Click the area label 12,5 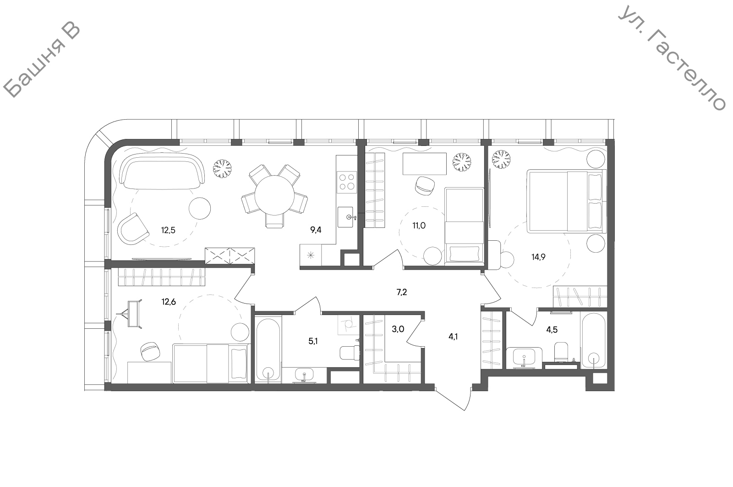pyautogui.click(x=168, y=230)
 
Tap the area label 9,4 pyautogui.click(x=316, y=230)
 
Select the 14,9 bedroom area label pyautogui.click(x=538, y=257)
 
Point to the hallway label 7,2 pyautogui.click(x=401, y=292)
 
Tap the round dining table pyautogui.click(x=274, y=195)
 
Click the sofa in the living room pyautogui.click(x=162, y=171)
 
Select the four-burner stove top pyautogui.click(x=347, y=182)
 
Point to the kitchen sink pyautogui.click(x=346, y=217)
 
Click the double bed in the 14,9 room pyautogui.click(x=566, y=201)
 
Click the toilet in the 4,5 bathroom pyautogui.click(x=562, y=351)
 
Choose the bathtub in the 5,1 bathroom pyautogui.click(x=268, y=349)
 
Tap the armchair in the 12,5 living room pyautogui.click(x=133, y=229)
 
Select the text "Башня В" pyautogui.click(x=42, y=61)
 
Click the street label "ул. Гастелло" pyautogui.click(x=672, y=58)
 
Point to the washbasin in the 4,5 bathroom pyautogui.click(x=524, y=358)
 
